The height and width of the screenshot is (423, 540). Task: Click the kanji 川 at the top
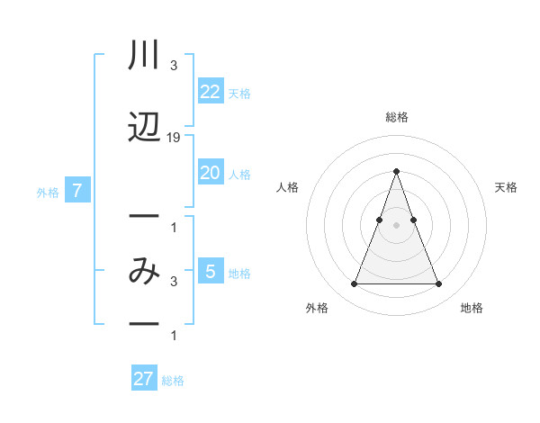(144, 57)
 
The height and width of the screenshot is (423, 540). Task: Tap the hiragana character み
(144, 270)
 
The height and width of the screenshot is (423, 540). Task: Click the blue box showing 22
(210, 92)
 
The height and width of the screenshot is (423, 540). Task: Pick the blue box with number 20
(210, 174)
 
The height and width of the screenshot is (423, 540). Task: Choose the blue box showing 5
(210, 272)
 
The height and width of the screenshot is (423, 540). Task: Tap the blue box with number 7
(78, 191)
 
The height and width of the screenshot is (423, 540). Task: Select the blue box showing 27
(144, 379)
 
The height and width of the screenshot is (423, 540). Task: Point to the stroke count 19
(174, 138)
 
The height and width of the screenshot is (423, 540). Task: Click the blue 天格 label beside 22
(239, 93)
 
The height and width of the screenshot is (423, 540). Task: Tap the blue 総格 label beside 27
(173, 380)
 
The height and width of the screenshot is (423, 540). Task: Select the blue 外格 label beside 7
(48, 192)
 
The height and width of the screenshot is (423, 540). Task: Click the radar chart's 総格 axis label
(397, 117)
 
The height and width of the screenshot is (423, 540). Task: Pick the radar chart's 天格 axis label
(506, 187)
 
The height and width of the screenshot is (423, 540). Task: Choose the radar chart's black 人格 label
(287, 187)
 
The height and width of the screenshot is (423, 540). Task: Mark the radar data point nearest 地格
(438, 284)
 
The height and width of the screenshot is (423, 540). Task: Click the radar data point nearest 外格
(354, 284)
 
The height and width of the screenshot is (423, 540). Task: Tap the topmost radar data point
(396, 171)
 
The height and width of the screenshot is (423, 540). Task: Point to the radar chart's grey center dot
(396, 225)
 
